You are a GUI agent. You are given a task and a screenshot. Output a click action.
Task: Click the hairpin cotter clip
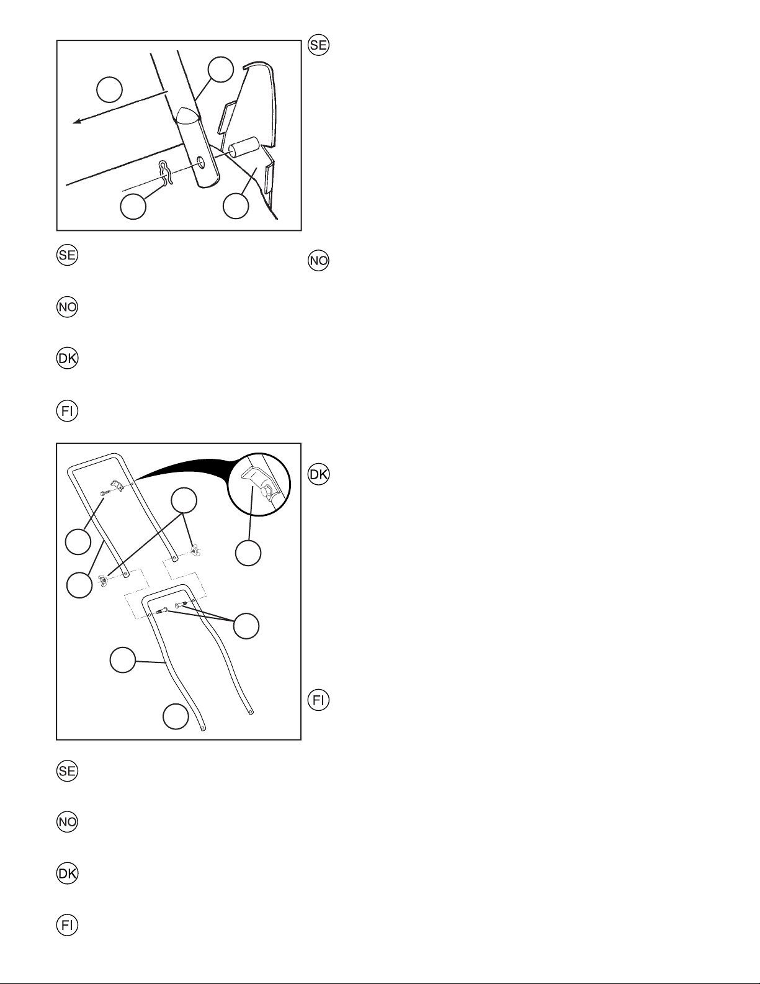(x=166, y=173)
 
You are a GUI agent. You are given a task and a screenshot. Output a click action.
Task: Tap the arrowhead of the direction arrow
(x=78, y=121)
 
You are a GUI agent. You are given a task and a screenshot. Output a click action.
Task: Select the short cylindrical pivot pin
(x=244, y=147)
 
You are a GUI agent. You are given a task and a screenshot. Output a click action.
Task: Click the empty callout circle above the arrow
(x=109, y=89)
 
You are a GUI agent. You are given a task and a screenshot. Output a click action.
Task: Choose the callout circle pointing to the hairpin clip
(x=133, y=207)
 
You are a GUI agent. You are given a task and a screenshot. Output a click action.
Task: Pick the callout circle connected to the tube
(x=220, y=70)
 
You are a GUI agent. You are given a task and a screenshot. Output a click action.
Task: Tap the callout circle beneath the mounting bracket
(x=236, y=206)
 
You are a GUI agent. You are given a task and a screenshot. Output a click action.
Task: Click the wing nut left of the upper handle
(x=103, y=581)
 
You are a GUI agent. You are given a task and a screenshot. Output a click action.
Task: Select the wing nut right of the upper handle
(x=195, y=551)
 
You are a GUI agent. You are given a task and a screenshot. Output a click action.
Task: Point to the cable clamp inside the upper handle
(x=117, y=486)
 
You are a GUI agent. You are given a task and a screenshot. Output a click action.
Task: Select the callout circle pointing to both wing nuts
(x=184, y=501)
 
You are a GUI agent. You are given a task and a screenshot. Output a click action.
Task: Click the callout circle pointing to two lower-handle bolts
(x=246, y=626)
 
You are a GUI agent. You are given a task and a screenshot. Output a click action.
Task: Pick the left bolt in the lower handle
(x=162, y=611)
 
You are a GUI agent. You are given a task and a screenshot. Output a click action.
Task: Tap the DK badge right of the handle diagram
(x=318, y=474)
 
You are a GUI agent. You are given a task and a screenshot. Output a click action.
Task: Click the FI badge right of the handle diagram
(x=318, y=700)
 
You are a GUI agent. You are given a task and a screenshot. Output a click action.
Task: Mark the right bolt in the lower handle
(x=181, y=604)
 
